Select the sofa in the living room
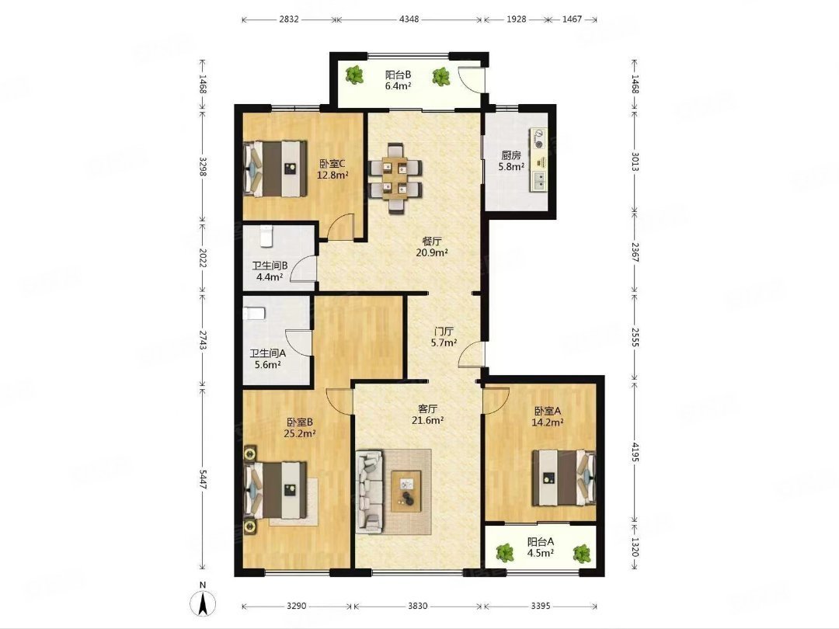click(369, 492)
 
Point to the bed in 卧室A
click(563, 478)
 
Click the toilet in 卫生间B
click(267, 236)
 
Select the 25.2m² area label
click(299, 434)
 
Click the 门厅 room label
click(444, 331)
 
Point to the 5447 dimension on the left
click(203, 479)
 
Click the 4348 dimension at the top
click(409, 19)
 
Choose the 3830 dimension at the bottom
click(418, 606)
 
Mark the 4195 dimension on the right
click(635, 452)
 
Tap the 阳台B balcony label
click(398, 75)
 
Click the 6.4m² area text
click(398, 85)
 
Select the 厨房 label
click(511, 155)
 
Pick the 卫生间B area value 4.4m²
click(269, 277)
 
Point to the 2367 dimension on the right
click(635, 252)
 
